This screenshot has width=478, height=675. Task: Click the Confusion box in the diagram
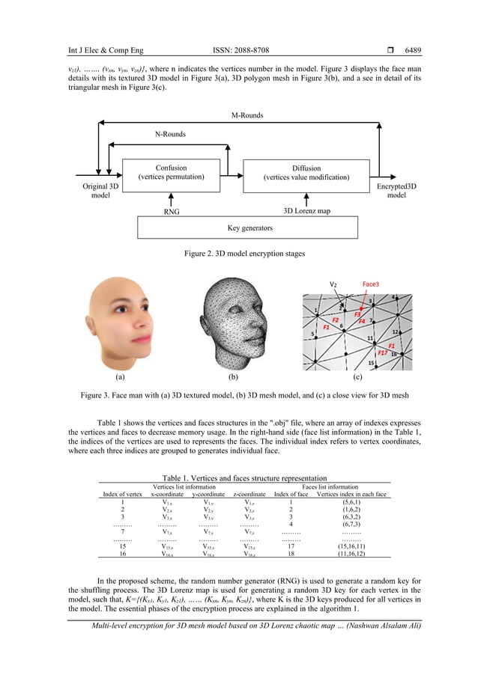coord(171,173)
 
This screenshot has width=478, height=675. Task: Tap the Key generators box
coord(249,227)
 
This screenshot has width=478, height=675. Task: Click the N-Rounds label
coord(170,134)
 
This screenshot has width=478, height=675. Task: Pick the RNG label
coord(172,212)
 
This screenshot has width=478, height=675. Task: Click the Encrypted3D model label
coord(396,190)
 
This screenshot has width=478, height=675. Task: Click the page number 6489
coord(413,51)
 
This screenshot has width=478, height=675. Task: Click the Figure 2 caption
coord(244,254)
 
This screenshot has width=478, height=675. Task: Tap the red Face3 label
coord(371,284)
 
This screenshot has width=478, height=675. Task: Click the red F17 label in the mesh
coord(383,352)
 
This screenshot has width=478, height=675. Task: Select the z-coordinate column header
coord(249,494)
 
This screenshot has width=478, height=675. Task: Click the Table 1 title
coord(244,478)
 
